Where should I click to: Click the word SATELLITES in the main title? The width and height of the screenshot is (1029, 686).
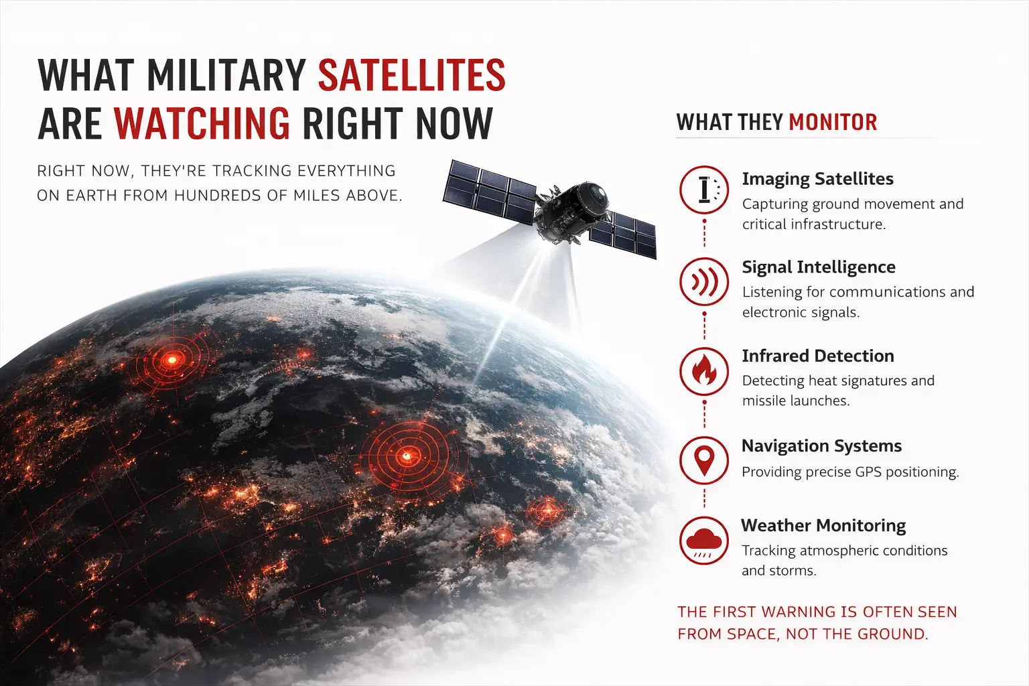tap(411, 75)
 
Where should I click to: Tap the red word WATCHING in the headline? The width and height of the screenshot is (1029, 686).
tap(202, 123)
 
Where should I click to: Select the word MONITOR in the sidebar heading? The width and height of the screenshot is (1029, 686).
tap(833, 122)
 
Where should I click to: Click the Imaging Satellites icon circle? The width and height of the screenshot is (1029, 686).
tap(704, 190)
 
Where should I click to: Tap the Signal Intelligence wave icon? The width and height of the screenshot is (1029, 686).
tap(704, 282)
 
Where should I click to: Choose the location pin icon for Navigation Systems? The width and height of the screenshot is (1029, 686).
tap(704, 460)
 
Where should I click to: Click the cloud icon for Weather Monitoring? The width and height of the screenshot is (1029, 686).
tap(703, 541)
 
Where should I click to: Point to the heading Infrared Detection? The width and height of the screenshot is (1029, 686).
tap(817, 356)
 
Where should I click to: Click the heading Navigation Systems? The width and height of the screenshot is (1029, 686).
tap(821, 445)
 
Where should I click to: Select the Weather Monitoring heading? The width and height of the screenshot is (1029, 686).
tap(823, 525)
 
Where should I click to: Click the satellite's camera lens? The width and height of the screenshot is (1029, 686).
tap(596, 196)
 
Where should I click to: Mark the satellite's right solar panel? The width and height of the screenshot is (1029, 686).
tap(624, 235)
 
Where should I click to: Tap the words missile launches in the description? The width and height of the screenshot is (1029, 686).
tap(796, 401)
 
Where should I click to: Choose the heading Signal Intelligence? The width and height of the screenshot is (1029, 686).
tap(818, 267)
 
